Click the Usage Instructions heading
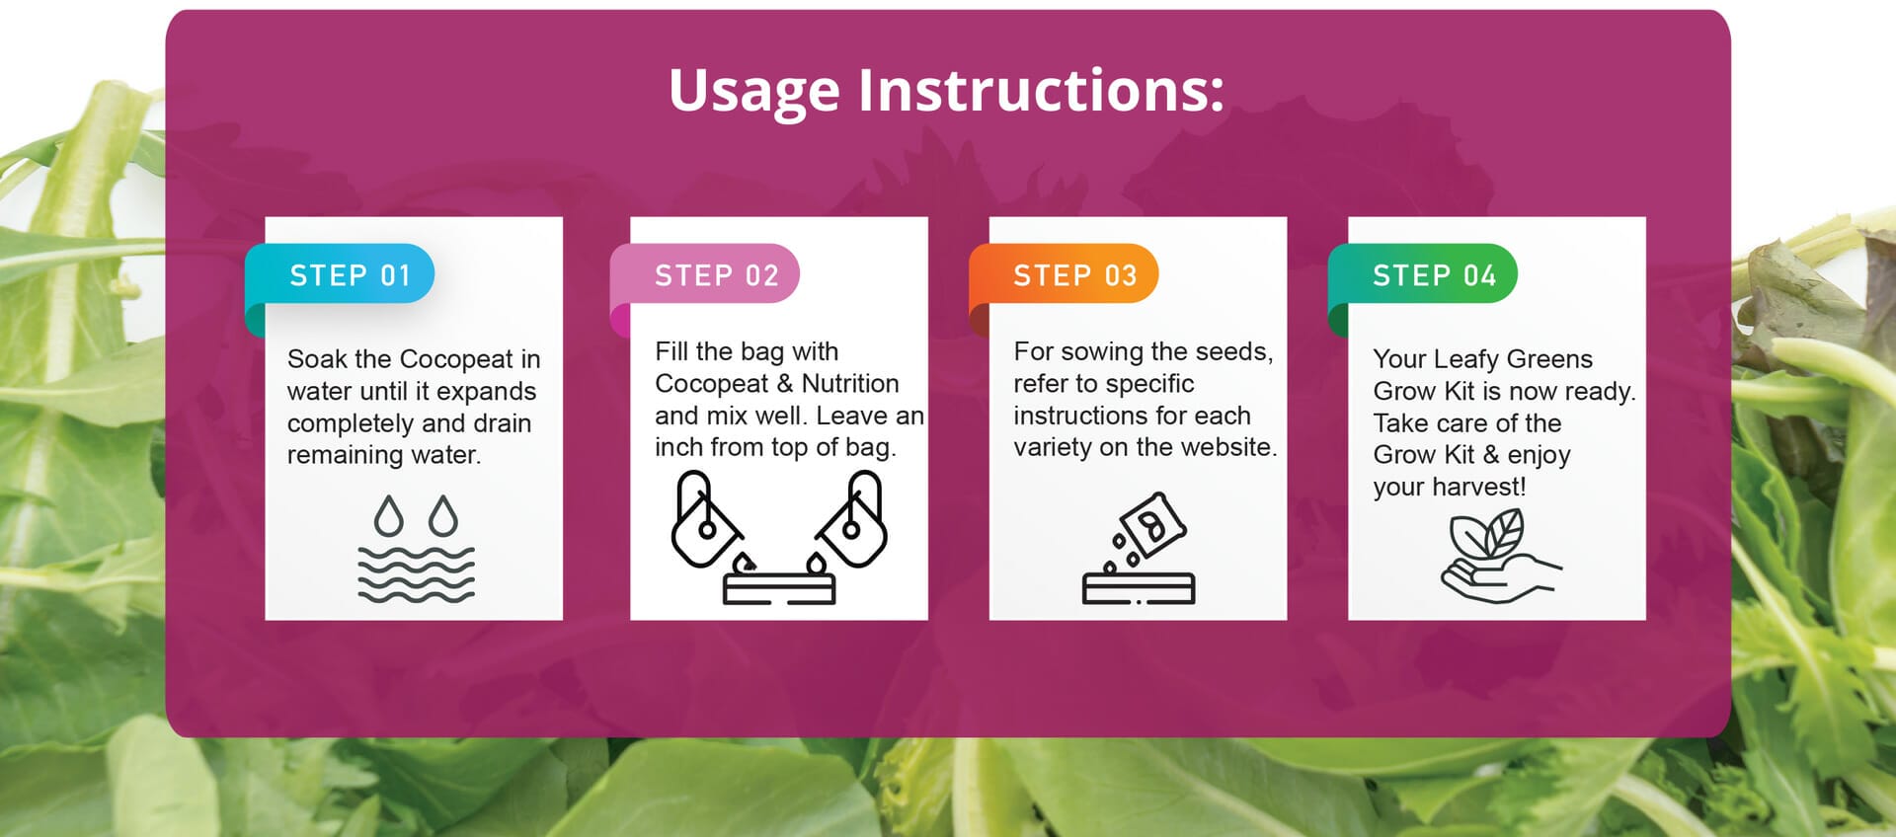(946, 92)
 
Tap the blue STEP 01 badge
(340, 273)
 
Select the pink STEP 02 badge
(705, 273)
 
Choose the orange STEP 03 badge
(1064, 273)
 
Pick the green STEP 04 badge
(1423, 273)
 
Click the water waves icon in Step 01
(416, 573)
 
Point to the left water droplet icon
(389, 515)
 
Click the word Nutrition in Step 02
(850, 383)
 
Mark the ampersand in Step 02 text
(785, 383)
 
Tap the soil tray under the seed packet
(1139, 589)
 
